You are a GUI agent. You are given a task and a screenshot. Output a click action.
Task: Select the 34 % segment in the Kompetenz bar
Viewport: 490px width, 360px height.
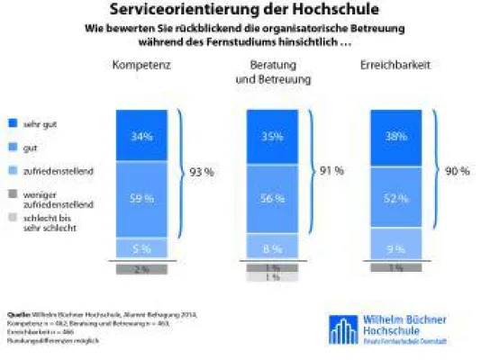point(141,137)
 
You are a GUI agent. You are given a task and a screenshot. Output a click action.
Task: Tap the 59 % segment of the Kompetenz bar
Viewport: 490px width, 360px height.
point(141,198)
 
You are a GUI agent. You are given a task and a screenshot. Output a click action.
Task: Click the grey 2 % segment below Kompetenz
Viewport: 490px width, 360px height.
point(141,268)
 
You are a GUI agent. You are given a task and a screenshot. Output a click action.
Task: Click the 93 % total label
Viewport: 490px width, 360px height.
point(201,171)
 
